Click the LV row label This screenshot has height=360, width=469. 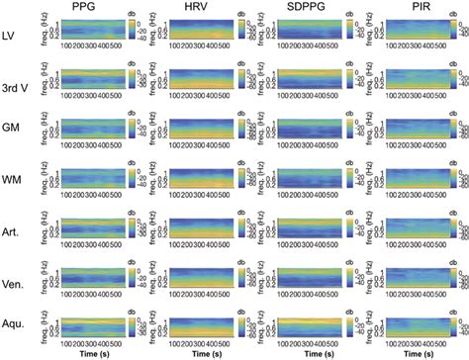click(x=14, y=37)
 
